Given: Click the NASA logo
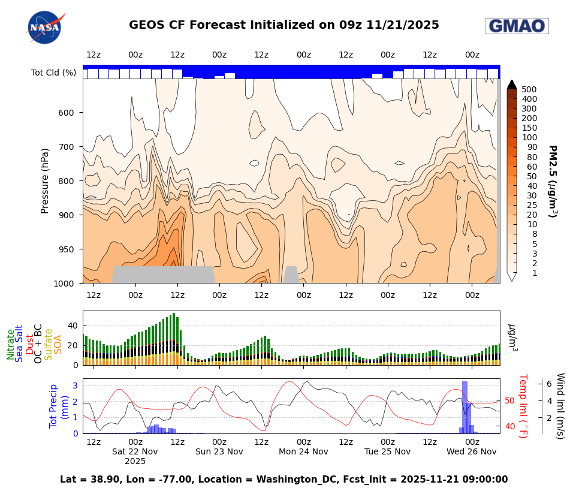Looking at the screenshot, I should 44,28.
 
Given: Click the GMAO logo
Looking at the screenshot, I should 517,26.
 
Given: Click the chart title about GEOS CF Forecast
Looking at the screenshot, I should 284,25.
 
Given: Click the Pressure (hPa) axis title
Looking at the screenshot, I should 45,181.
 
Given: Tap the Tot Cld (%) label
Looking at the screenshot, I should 53,73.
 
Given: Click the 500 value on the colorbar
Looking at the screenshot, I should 529,89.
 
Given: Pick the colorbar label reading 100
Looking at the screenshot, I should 529,137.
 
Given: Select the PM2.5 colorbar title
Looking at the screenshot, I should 553,181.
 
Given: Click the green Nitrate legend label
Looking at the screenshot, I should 11,344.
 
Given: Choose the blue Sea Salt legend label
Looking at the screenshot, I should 20,344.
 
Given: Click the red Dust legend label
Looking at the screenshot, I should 29,345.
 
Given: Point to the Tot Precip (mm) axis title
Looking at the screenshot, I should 58,405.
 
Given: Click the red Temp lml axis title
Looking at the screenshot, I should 522,406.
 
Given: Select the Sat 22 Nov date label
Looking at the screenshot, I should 135,451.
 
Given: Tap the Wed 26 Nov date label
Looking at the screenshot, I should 471,451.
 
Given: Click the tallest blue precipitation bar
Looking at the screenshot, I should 465,408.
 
